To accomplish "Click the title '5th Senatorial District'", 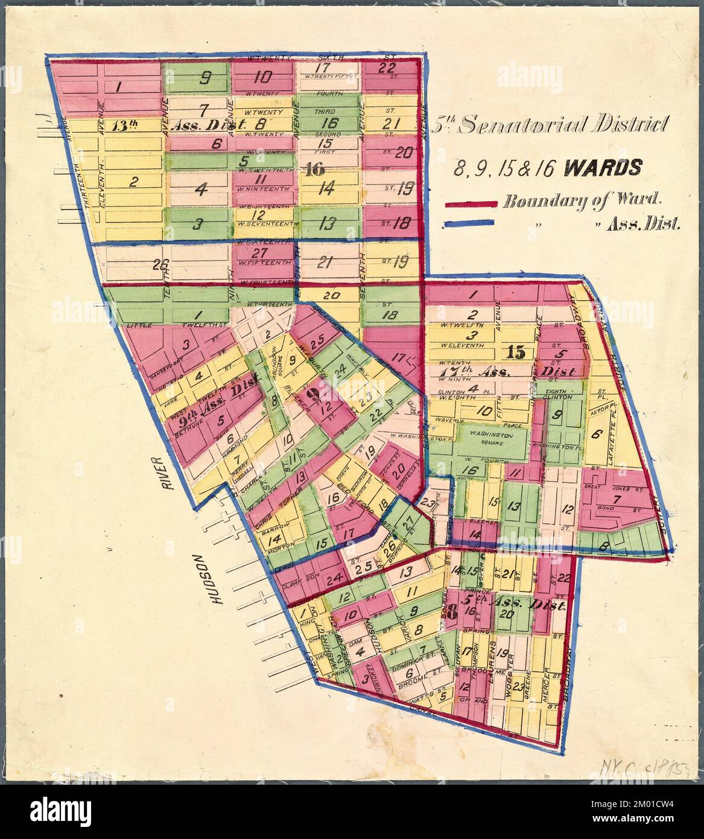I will coord(553,125).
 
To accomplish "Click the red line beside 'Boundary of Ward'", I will coord(471,203).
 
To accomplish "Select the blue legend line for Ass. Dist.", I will coord(471,223).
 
